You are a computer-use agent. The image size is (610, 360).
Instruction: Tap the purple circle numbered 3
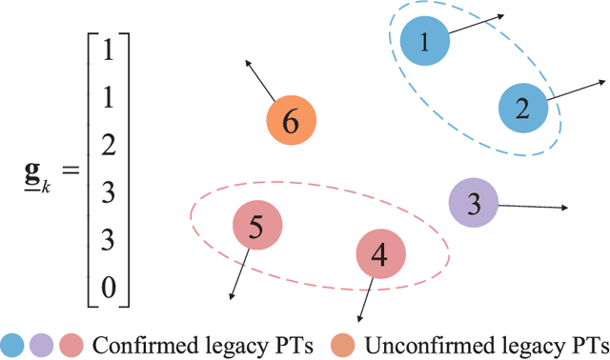click(474, 202)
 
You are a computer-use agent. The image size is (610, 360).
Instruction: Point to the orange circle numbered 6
click(291, 121)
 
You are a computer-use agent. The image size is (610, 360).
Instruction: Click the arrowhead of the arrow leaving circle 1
click(502, 15)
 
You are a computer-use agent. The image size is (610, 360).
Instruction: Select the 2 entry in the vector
click(108, 144)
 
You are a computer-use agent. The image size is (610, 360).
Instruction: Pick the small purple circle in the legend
click(42, 343)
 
